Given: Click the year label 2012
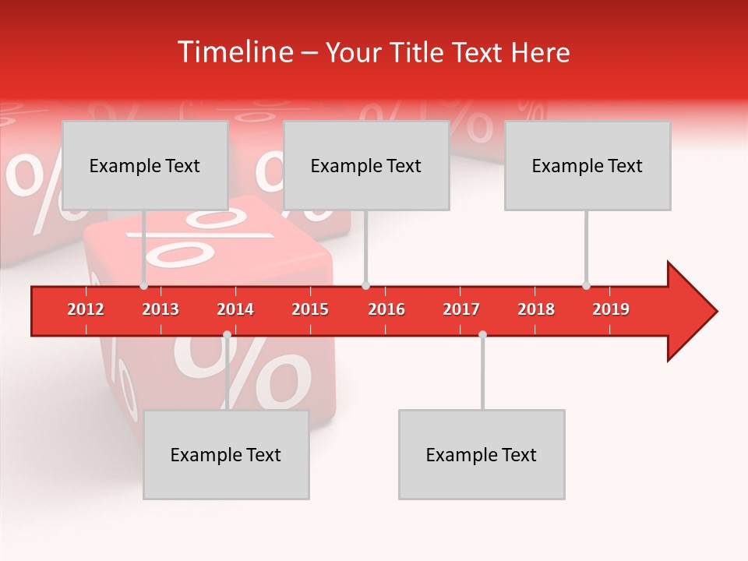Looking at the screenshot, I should click(86, 309).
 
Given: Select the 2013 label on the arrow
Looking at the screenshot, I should click(161, 309).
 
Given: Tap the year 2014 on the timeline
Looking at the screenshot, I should click(235, 309).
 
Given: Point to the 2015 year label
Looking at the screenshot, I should click(310, 309).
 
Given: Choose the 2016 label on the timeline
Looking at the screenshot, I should click(386, 309).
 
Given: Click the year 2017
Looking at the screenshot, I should click(461, 309).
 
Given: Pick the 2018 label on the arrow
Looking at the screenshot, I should click(536, 309).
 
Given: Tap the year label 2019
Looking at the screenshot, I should click(611, 309).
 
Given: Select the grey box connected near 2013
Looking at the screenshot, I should click(145, 165).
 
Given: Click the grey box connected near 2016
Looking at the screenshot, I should click(366, 165).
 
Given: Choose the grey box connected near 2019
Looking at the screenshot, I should click(587, 165).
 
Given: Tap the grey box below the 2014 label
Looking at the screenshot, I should click(226, 454).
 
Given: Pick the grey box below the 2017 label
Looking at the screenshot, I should click(482, 454).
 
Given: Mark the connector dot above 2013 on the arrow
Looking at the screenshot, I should click(144, 285).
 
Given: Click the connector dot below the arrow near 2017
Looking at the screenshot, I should click(482, 334).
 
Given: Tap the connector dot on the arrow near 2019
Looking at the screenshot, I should click(586, 285).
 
